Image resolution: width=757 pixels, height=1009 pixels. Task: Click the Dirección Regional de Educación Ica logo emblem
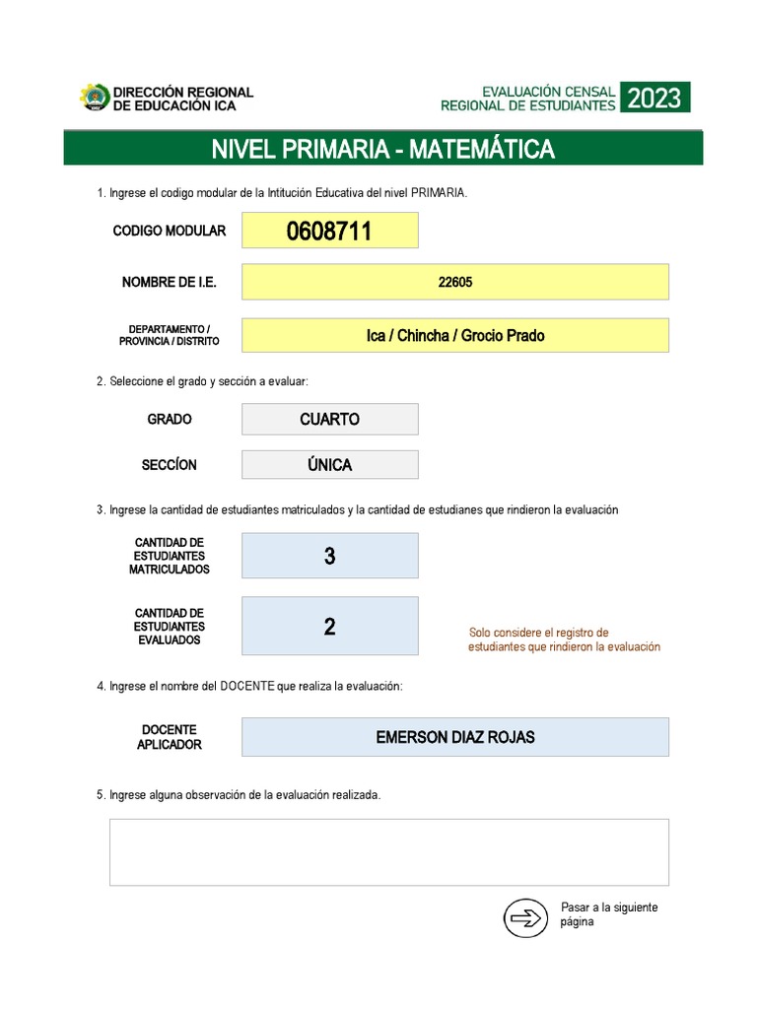tap(95, 98)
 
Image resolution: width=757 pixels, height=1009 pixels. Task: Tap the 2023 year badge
tap(654, 98)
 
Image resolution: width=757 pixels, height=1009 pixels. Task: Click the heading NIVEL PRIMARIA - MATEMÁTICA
tap(382, 149)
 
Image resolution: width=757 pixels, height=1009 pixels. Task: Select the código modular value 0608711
tap(329, 232)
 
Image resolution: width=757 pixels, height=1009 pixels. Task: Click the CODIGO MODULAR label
tap(170, 231)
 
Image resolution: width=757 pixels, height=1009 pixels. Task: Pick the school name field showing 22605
tap(454, 282)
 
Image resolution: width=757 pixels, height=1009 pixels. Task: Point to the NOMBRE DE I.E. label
tap(169, 283)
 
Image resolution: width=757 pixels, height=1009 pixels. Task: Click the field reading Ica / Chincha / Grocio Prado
tap(454, 335)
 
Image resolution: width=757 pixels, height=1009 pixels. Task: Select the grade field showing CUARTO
tap(329, 419)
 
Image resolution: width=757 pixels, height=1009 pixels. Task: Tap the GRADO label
tap(170, 419)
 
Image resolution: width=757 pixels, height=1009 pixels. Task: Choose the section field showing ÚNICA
tap(329, 465)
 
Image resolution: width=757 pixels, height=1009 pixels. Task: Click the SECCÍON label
tap(170, 465)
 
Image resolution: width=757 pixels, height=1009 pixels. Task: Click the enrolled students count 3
tap(329, 556)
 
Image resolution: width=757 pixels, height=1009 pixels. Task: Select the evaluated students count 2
tap(329, 627)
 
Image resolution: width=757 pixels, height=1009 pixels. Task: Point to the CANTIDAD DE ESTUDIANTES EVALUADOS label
tap(170, 627)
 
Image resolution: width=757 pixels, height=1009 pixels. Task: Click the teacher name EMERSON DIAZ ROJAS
tap(454, 737)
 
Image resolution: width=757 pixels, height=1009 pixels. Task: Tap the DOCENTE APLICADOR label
tap(170, 737)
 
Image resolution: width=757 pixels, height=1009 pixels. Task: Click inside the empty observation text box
tap(388, 852)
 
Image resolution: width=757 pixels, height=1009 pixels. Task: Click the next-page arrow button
tap(525, 918)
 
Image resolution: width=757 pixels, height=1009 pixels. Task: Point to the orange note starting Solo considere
tap(564, 639)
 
